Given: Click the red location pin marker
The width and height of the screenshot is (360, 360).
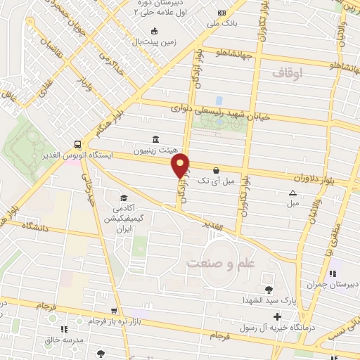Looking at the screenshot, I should tap(181, 165).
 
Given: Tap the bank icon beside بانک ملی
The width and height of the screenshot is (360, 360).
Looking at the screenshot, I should tap(222, 13).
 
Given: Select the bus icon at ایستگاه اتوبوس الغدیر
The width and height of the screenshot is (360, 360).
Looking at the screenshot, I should tap(77, 142).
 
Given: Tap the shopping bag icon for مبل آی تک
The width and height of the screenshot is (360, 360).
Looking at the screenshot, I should tap(215, 169).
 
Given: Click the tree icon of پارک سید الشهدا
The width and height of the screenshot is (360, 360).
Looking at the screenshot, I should tap(268, 289).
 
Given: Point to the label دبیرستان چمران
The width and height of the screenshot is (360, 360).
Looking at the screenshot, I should tap(330, 285).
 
